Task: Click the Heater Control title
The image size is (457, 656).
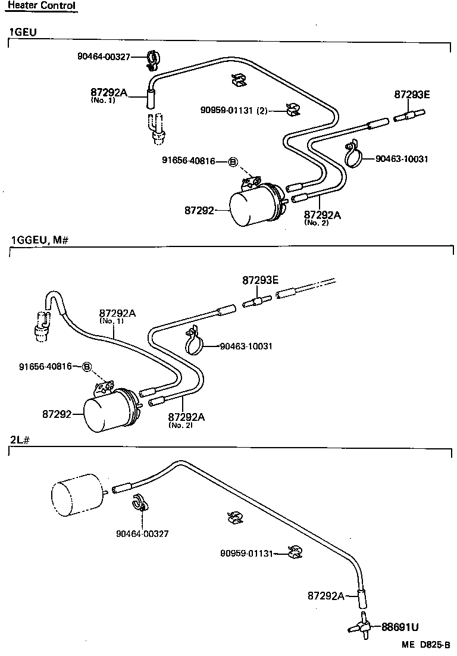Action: point(41,6)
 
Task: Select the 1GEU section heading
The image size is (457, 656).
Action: point(23,32)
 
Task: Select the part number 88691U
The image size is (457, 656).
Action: point(400,627)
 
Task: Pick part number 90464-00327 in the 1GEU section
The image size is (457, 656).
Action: point(104,57)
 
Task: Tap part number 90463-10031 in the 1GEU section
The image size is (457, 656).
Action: point(402,158)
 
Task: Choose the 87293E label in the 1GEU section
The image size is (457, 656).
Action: point(412,95)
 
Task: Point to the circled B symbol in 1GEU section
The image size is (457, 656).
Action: point(233,161)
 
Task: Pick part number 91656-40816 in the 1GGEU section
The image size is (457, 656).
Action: point(45,366)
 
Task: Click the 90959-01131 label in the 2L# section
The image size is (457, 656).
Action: point(246,553)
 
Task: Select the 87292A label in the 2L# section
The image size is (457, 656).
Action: point(326,595)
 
